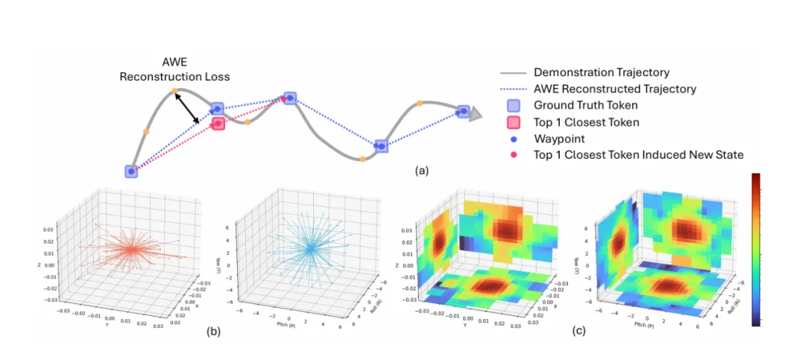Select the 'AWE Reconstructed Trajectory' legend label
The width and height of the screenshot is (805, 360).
pos(615,89)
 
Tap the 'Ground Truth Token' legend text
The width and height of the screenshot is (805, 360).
pos(586,106)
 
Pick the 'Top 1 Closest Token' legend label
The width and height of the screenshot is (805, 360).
pos(587,121)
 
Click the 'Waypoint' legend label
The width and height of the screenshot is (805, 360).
pos(559,138)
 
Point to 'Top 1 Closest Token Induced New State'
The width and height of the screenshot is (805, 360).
pos(639,154)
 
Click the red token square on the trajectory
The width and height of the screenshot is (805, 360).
pos(218,123)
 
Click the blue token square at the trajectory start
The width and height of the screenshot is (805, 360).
pos(131,171)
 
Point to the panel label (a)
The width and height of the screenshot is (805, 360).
pos(422,171)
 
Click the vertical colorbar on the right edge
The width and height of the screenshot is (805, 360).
pos(757,250)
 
